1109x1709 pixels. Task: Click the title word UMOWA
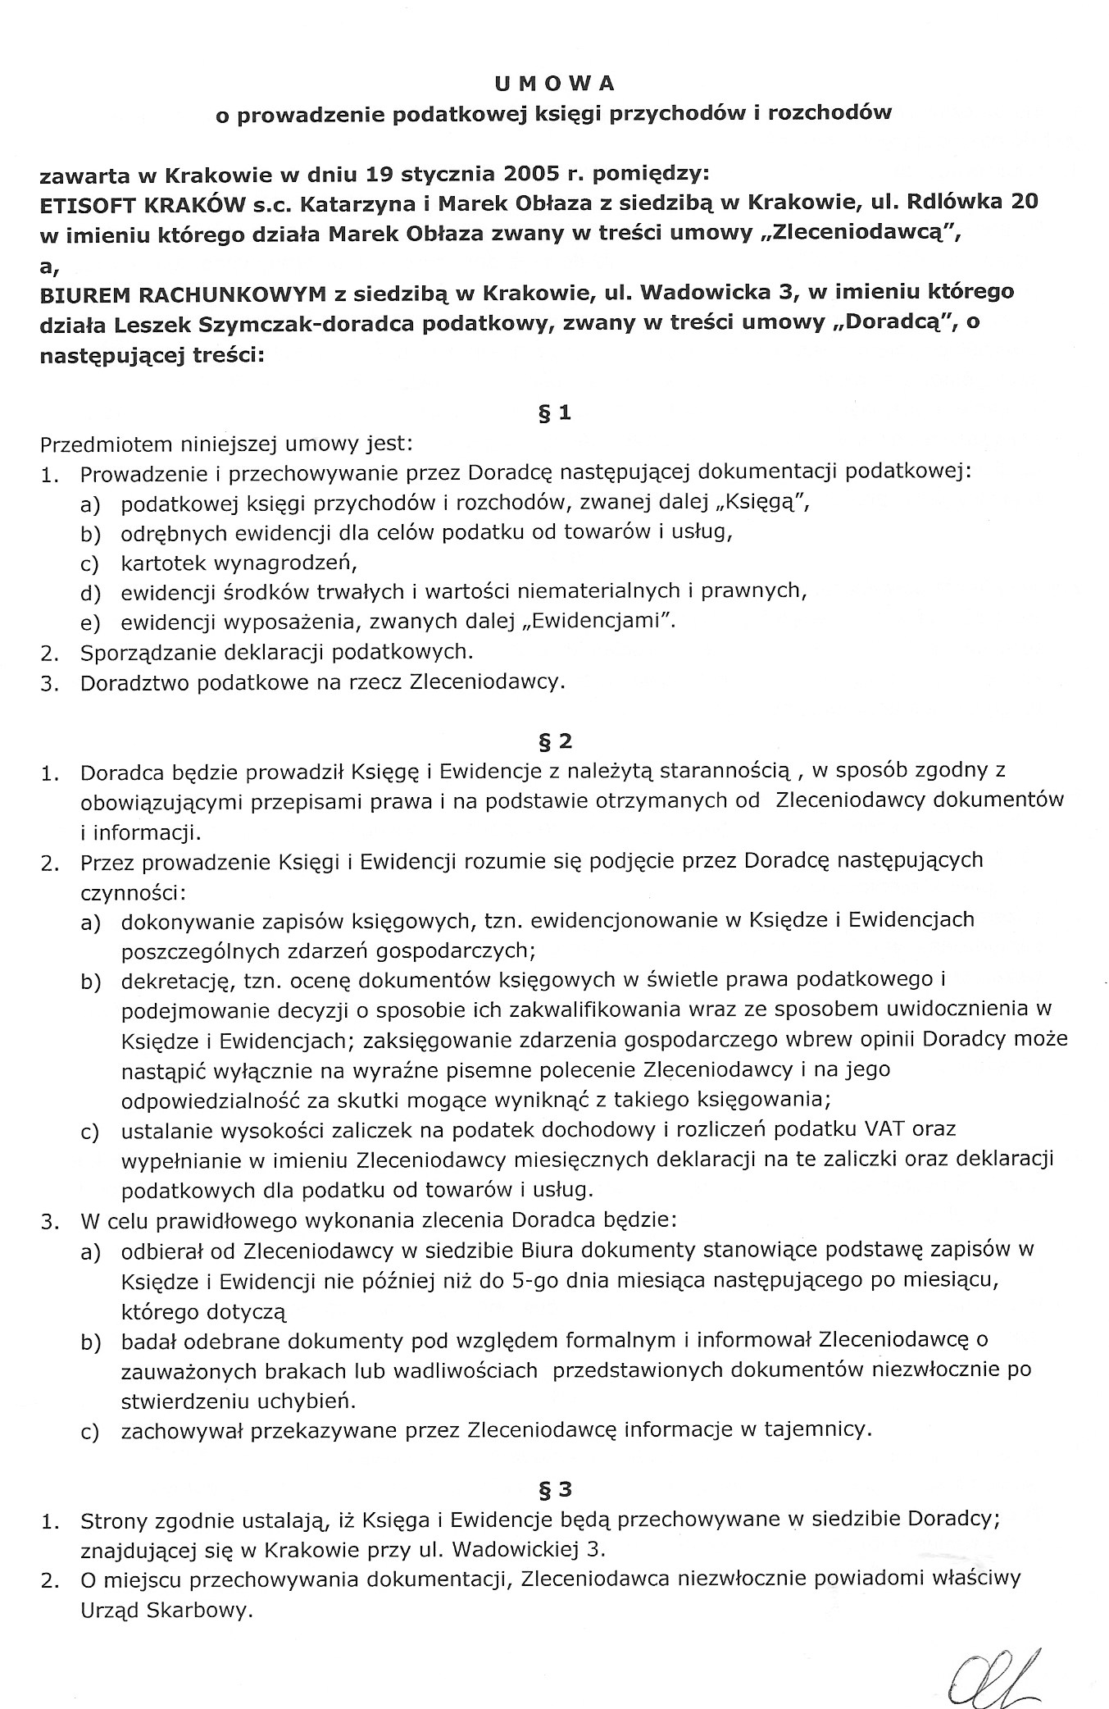pos(553,84)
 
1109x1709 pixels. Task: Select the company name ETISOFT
pos(93,203)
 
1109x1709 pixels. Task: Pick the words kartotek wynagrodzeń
pos(240,563)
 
